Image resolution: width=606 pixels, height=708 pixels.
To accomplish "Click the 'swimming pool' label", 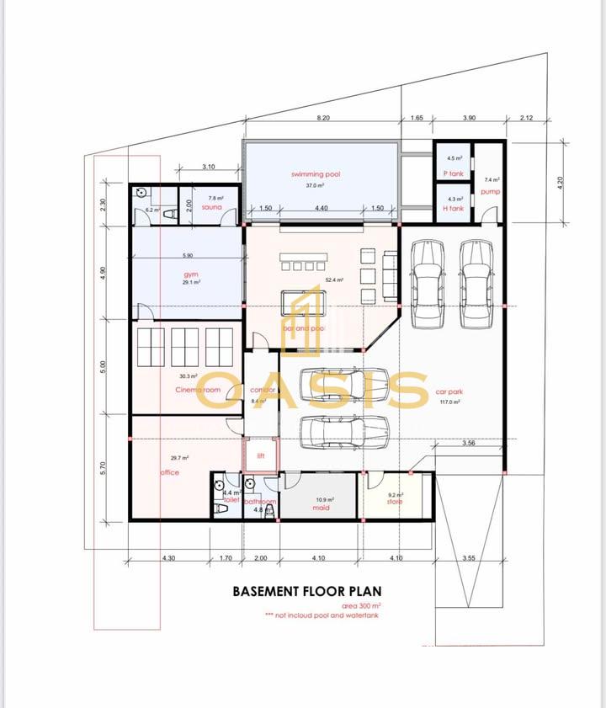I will pyautogui.click(x=320, y=174).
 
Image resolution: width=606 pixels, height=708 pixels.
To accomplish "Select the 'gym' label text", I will pyautogui.click(x=191, y=274).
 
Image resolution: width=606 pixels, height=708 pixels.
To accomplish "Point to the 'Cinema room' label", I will pyautogui.click(x=199, y=390).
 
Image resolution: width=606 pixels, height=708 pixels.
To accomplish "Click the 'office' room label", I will pyautogui.click(x=170, y=472).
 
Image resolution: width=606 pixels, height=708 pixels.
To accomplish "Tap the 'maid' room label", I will pyautogui.click(x=321, y=508).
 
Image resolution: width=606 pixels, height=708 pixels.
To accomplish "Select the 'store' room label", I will pyautogui.click(x=395, y=502).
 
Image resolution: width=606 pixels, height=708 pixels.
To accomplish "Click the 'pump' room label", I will pyautogui.click(x=490, y=192).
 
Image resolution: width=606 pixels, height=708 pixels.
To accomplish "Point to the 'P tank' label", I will pyautogui.click(x=453, y=173).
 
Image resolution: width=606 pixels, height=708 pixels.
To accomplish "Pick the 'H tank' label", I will pyautogui.click(x=453, y=208).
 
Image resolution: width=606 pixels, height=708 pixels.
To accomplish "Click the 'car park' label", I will pyautogui.click(x=450, y=391).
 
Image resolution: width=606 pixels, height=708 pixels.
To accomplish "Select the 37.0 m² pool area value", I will pyautogui.click(x=320, y=185).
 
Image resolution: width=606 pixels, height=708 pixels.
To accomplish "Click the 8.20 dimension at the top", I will pyautogui.click(x=322, y=119).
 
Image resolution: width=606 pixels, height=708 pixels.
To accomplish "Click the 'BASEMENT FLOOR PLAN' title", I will pyautogui.click(x=306, y=592).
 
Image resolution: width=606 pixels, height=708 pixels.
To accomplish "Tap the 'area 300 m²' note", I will pyautogui.click(x=361, y=606).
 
